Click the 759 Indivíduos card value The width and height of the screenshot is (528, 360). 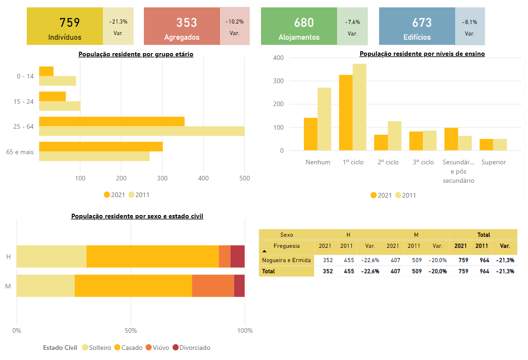(70, 23)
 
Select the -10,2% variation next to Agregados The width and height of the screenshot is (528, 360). (234, 22)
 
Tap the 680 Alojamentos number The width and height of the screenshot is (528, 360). (304, 23)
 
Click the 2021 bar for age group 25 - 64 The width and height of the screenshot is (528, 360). (112, 121)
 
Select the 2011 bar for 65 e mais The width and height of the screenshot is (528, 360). (94, 156)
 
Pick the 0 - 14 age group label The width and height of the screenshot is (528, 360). (25, 76)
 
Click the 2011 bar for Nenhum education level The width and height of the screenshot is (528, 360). (324, 119)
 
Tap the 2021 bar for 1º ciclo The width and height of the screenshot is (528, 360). (345, 113)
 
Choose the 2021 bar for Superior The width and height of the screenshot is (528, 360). (486, 144)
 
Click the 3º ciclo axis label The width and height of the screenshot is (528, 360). (423, 162)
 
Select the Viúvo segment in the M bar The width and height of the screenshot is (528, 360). (213, 286)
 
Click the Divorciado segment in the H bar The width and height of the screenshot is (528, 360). (237, 256)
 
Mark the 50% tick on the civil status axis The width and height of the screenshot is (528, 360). (131, 330)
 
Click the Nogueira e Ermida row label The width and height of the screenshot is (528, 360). (286, 260)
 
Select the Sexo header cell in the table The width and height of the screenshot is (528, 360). (286, 235)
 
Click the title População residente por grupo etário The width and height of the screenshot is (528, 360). (136, 54)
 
